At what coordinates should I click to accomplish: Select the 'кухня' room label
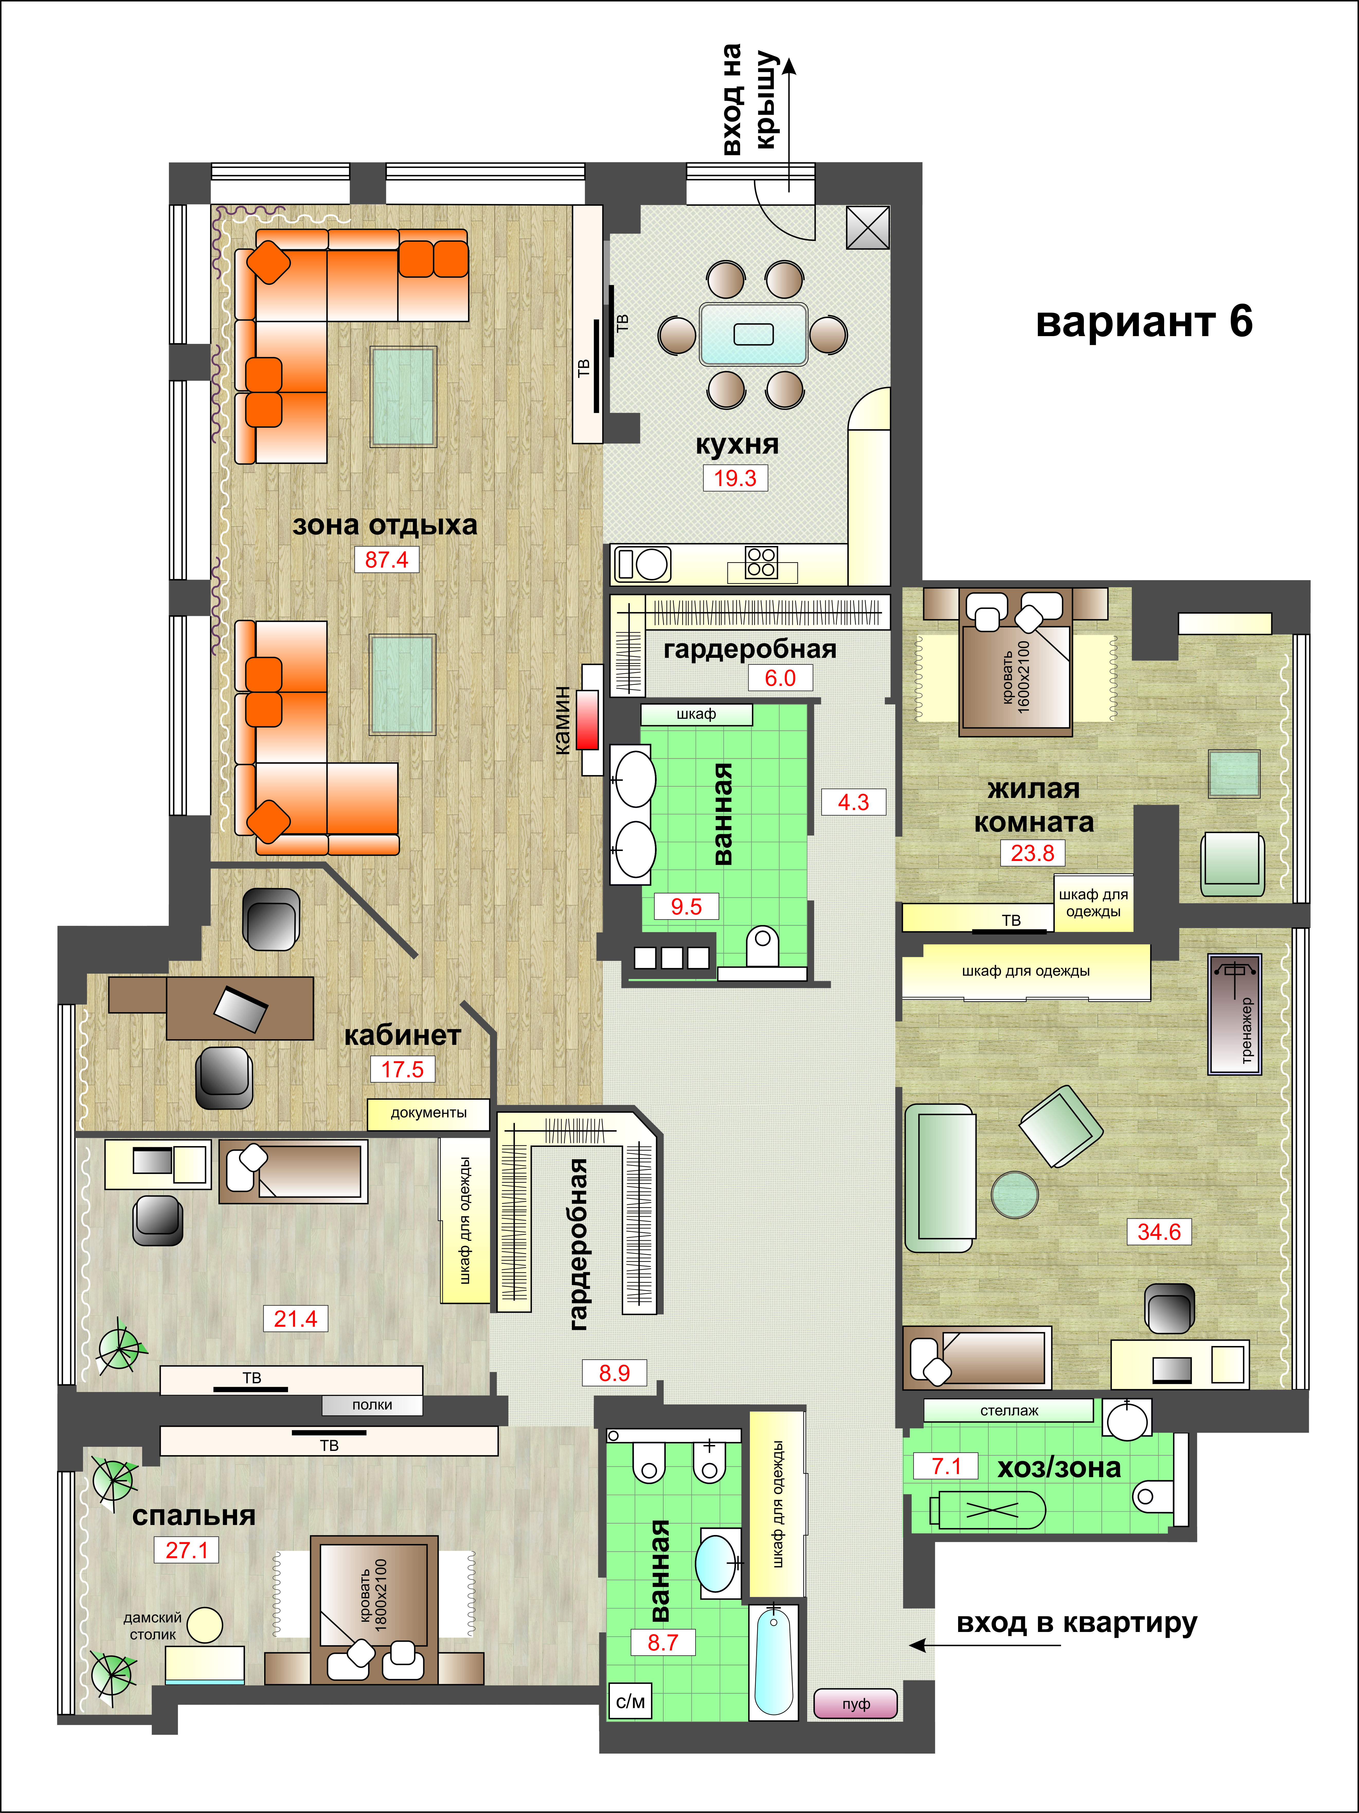737,444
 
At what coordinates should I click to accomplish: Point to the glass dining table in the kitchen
753,334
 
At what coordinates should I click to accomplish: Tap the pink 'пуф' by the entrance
856,1704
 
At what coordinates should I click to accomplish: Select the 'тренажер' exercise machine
1234,1014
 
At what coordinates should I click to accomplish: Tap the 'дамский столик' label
152,1626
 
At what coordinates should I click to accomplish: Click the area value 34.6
1159,1232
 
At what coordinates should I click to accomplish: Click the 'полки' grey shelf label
372,1405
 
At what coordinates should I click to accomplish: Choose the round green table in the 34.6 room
1015,1194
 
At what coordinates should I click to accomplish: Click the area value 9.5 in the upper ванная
687,906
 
